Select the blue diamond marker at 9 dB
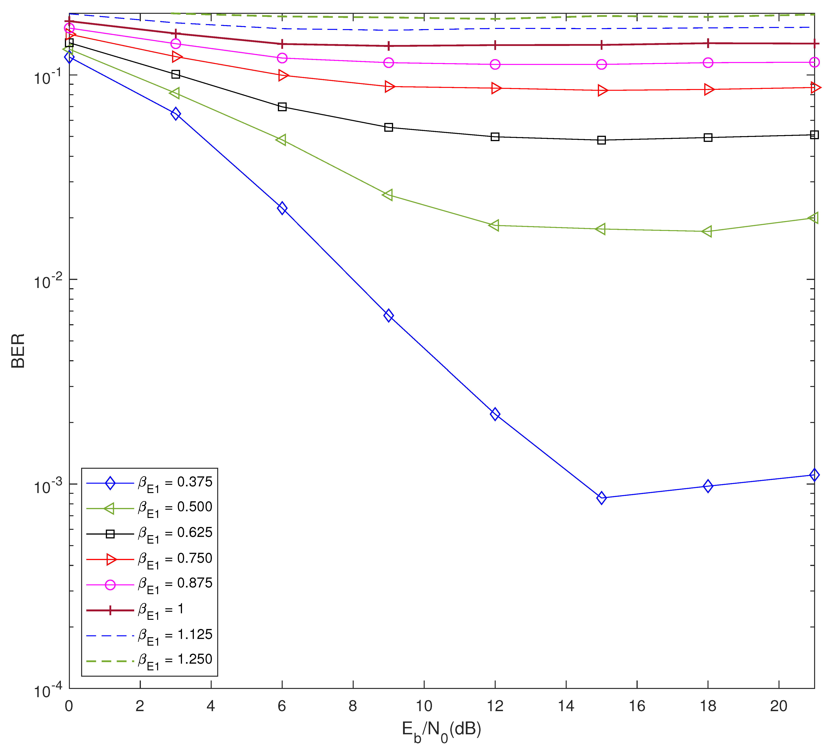388,316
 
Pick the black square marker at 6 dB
282,107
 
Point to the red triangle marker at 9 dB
389,87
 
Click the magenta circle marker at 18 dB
708,63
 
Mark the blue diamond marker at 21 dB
814,475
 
